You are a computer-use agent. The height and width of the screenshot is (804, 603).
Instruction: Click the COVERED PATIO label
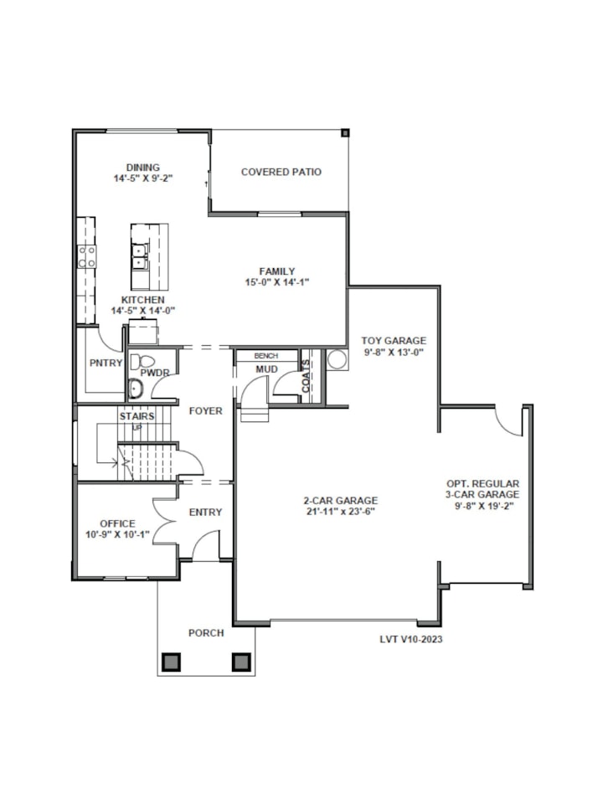pos(281,172)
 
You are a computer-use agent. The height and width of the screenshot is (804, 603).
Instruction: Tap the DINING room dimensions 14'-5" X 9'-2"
pos(143,178)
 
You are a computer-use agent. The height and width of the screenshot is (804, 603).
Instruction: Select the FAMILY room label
pos(277,271)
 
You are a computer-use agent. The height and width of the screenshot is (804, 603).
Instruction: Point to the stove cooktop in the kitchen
pos(86,256)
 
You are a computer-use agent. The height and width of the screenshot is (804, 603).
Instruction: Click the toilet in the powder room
pos(142,362)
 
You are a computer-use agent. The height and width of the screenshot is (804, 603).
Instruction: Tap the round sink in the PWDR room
pos(136,389)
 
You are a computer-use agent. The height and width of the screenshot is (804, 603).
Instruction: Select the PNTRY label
pos(106,363)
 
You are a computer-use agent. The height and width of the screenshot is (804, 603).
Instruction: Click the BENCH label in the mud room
pos(266,356)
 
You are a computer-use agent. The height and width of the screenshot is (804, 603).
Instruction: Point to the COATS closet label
pos(307,376)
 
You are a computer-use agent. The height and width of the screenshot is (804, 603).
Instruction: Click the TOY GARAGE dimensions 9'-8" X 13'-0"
pos(394,353)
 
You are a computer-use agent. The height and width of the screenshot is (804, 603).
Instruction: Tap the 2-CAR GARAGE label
pos(341,501)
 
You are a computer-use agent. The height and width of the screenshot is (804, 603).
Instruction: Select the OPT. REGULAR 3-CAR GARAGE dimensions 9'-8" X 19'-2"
pos(482,506)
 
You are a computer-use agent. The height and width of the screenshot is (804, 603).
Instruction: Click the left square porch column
pos(171,662)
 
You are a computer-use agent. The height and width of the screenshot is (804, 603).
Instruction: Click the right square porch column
pos(241,662)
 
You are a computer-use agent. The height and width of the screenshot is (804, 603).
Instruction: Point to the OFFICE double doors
pos(165,523)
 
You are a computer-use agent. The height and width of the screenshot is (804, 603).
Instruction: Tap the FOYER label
pos(206,410)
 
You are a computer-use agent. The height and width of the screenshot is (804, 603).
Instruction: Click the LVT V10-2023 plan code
pos(410,639)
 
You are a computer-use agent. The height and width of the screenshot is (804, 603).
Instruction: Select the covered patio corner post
pos(345,133)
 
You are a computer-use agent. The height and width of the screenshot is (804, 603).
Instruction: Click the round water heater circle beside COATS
pos(338,359)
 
